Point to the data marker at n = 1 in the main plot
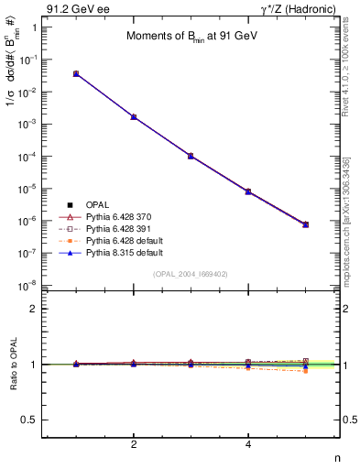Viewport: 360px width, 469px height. coord(76,73)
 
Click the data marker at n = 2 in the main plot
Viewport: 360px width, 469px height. coord(134,117)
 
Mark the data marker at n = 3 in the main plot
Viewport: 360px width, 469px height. coord(191,156)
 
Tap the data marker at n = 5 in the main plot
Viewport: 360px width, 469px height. coord(306,224)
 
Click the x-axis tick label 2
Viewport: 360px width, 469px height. coord(134,444)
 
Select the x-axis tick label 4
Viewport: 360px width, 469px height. coord(248,444)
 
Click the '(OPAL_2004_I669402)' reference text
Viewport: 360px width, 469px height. coord(191,274)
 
